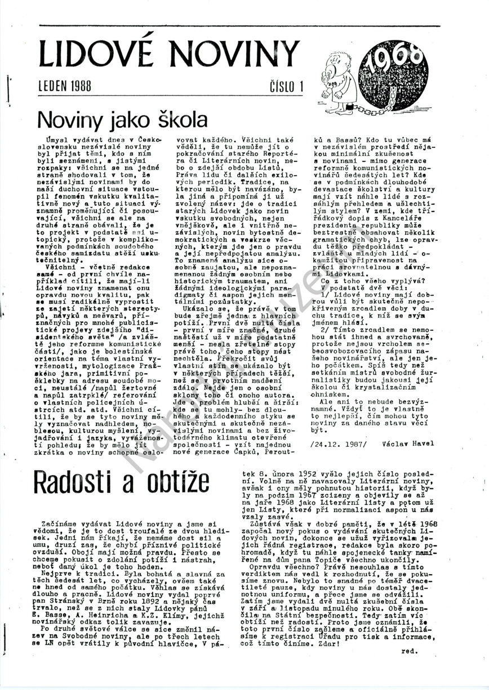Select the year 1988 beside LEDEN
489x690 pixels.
[x=82, y=87]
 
